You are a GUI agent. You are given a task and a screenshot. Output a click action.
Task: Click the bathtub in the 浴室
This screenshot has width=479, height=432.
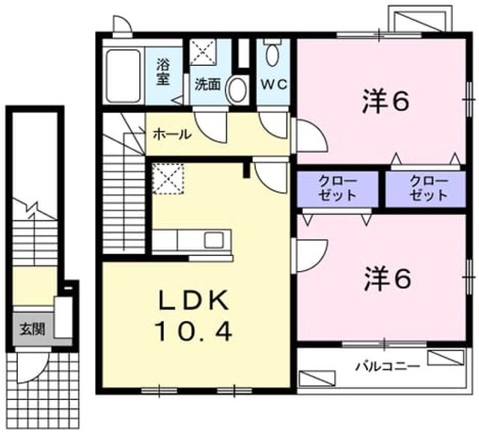click(123, 76)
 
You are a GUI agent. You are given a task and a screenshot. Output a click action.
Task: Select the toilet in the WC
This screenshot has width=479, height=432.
click(272, 53)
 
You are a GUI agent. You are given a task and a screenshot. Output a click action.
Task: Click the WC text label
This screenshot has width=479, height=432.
click(274, 85)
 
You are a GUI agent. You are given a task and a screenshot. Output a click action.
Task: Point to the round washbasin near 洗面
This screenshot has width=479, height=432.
click(237, 90)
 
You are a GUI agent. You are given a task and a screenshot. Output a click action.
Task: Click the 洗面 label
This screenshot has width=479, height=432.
click(208, 85)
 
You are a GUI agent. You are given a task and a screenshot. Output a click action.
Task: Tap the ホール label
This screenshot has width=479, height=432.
click(172, 134)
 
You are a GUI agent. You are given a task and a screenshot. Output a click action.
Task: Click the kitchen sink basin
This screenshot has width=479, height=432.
click(214, 240)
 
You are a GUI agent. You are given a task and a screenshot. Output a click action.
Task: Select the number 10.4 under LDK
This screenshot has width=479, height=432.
click(194, 332)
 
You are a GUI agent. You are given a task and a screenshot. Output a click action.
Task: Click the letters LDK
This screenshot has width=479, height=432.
click(194, 301)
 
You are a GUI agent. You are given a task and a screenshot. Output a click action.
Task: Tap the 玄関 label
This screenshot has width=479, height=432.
click(32, 329)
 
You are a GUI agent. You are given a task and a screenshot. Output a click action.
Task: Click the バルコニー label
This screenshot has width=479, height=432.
click(388, 365)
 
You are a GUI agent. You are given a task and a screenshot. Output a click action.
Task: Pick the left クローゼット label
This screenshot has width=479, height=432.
click(338, 189)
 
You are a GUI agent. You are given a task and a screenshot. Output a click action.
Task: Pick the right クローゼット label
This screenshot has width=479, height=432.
click(429, 189)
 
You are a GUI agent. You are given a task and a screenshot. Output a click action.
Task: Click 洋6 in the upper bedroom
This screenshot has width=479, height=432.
click(385, 103)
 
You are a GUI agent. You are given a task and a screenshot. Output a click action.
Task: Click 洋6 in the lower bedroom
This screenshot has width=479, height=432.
click(388, 279)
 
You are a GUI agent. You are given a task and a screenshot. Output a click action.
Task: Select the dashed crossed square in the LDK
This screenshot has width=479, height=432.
click(168, 179)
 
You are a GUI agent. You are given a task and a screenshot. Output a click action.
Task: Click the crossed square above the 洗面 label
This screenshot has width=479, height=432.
click(203, 52)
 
